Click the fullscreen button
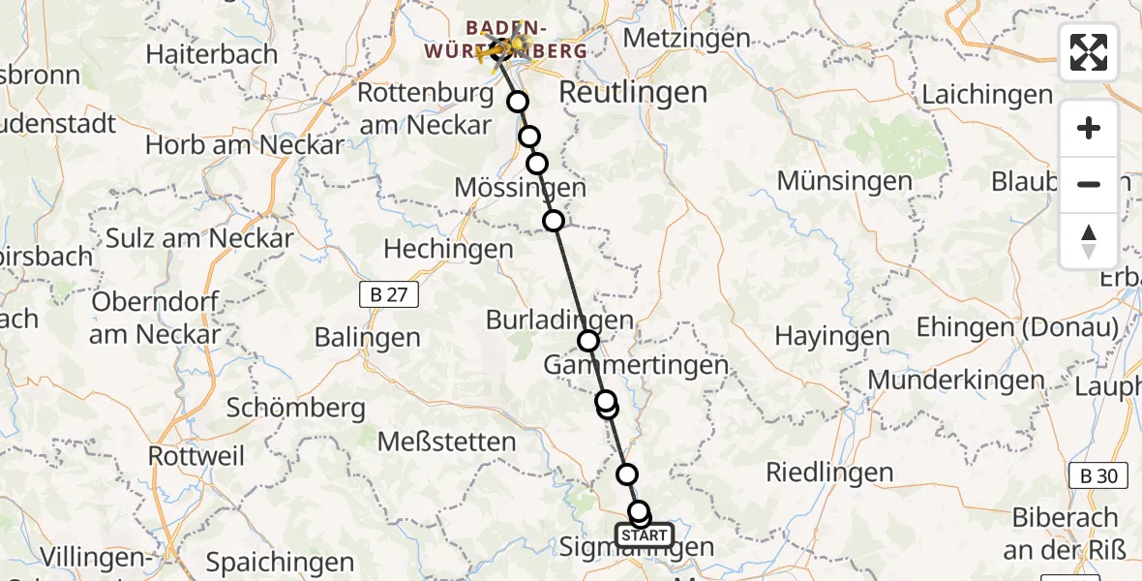1089,52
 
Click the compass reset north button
1089,241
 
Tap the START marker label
644,535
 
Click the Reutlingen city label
633,93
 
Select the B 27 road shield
388,296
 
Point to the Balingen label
368,338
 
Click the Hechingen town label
448,249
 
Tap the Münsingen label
844,181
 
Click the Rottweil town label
197,455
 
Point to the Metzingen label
687,38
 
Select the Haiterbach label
212,54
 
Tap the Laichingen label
987,95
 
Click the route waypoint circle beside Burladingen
588,341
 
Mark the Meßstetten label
446,443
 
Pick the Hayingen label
819,337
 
